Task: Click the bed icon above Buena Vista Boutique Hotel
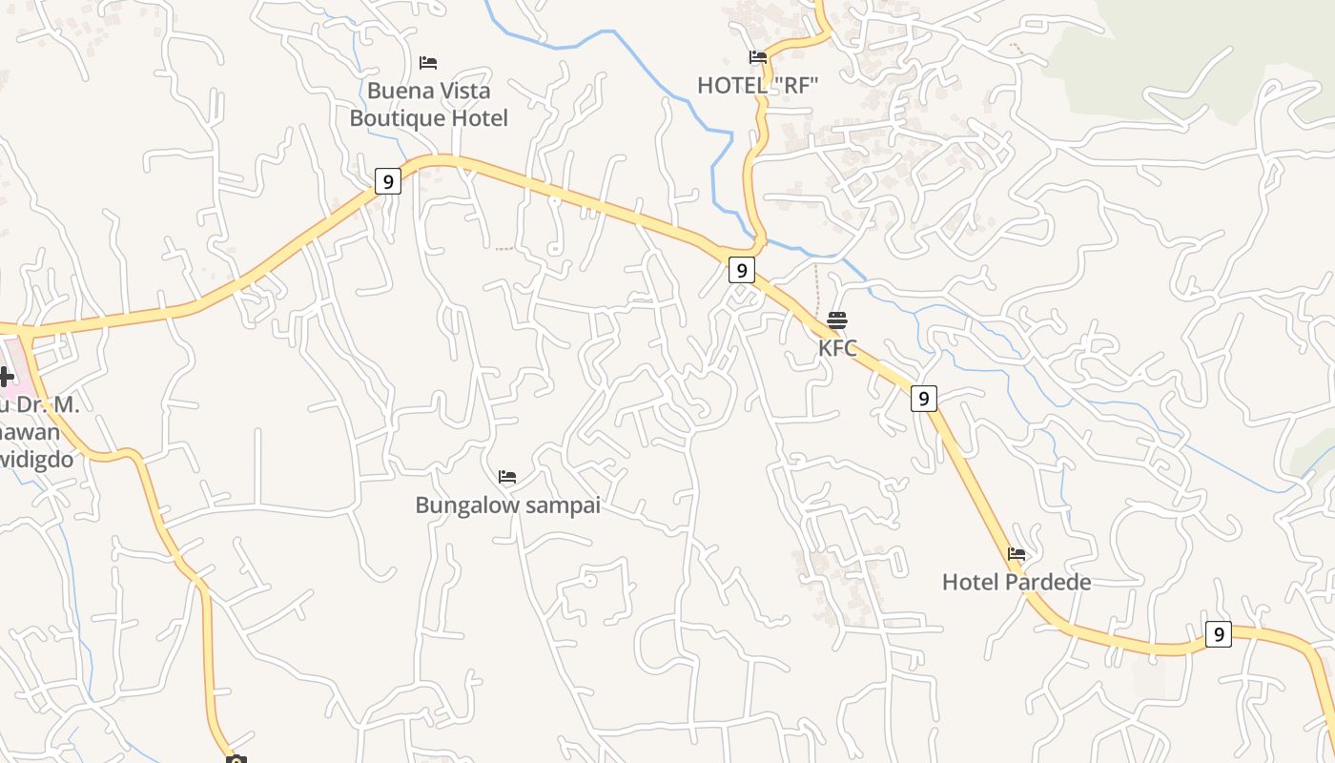point(428,63)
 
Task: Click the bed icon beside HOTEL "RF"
point(758,57)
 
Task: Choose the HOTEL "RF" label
point(758,85)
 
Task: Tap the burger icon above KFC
point(837,320)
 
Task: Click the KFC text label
point(837,348)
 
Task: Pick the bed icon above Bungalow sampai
point(507,477)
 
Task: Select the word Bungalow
point(462,505)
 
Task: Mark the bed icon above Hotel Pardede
point(1017,554)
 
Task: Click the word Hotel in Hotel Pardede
point(971,582)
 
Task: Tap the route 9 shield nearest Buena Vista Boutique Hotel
point(387,181)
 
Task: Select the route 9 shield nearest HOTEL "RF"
point(741,270)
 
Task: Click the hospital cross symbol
point(6,377)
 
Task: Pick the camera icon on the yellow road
point(236,759)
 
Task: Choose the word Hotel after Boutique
point(479,118)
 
